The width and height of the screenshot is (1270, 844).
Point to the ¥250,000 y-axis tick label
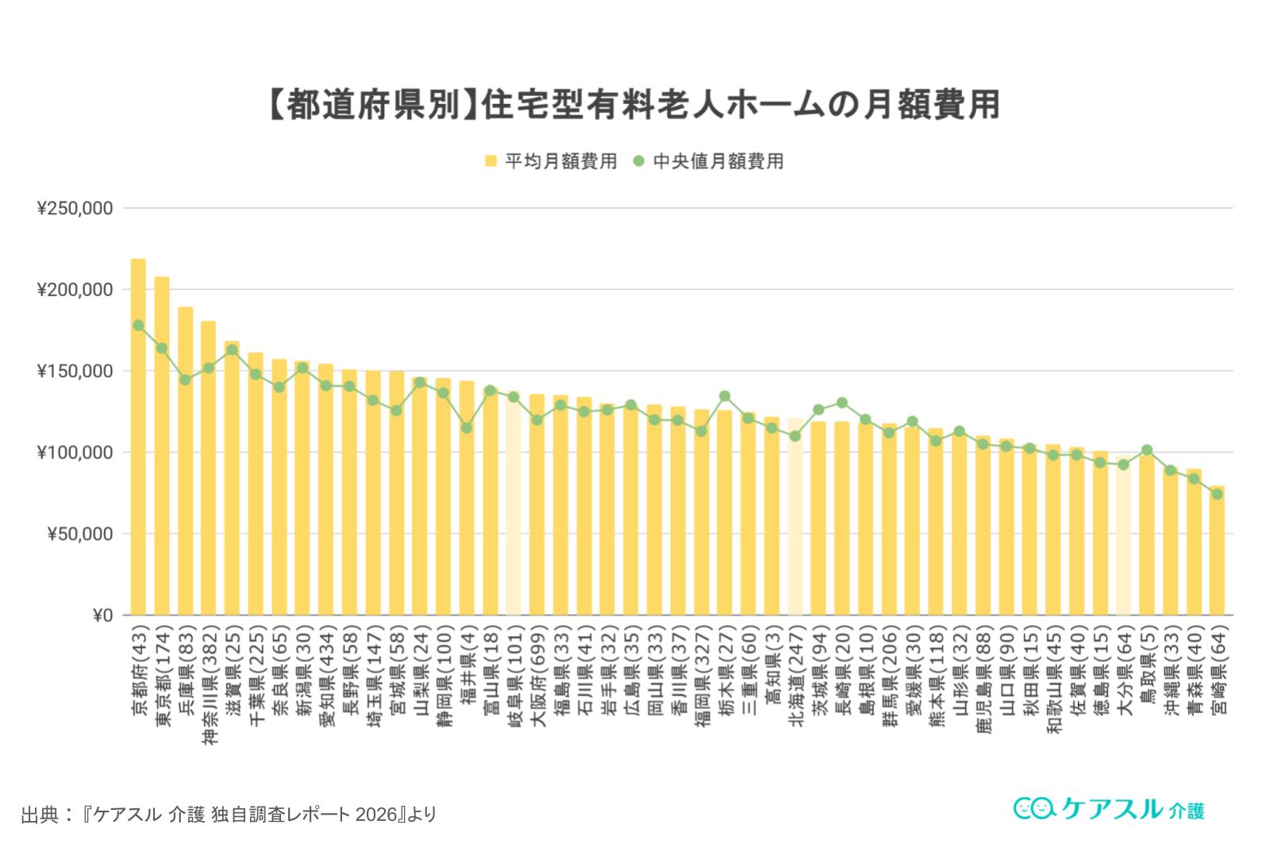pos(75,209)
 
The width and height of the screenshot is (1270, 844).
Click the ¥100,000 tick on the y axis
pos(75,453)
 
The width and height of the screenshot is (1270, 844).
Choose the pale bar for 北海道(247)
pos(795,516)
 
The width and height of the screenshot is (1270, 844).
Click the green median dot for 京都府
pos(138,326)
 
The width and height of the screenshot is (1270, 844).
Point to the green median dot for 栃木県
pos(725,396)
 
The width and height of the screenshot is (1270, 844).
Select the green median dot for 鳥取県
pos(1147,450)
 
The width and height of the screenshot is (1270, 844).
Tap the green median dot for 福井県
pos(467,428)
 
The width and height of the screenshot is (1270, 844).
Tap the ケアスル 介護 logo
pos(1110,808)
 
